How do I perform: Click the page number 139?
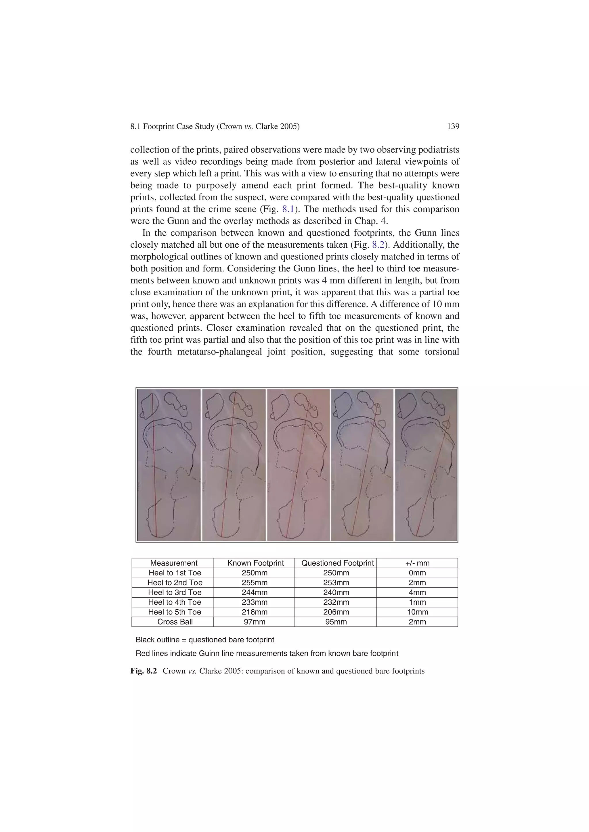453,126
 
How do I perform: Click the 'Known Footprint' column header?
255,563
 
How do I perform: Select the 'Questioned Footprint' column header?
337,563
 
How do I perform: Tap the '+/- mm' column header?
417,563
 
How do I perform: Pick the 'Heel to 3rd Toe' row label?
175,592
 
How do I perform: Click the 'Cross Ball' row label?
175,622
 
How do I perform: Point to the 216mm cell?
255,612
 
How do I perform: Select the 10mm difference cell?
417,612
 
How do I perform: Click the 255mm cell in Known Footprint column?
255,583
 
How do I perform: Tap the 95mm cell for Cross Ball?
336,622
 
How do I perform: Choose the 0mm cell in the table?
417,573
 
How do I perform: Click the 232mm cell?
336,602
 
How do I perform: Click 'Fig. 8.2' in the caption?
144,671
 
